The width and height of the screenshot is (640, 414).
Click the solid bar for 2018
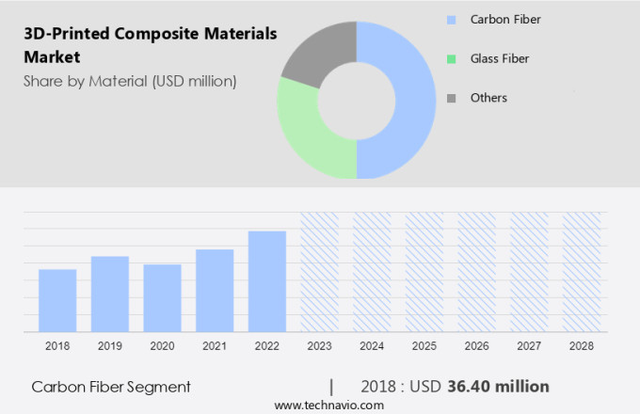(x=57, y=300)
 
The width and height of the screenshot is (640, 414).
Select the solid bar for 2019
(x=110, y=294)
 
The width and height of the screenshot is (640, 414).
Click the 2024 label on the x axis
(x=372, y=346)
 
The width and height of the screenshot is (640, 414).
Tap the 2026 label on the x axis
(x=476, y=346)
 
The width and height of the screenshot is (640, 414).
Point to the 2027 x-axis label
(x=529, y=346)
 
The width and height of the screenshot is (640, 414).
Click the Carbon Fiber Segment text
(x=111, y=387)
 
